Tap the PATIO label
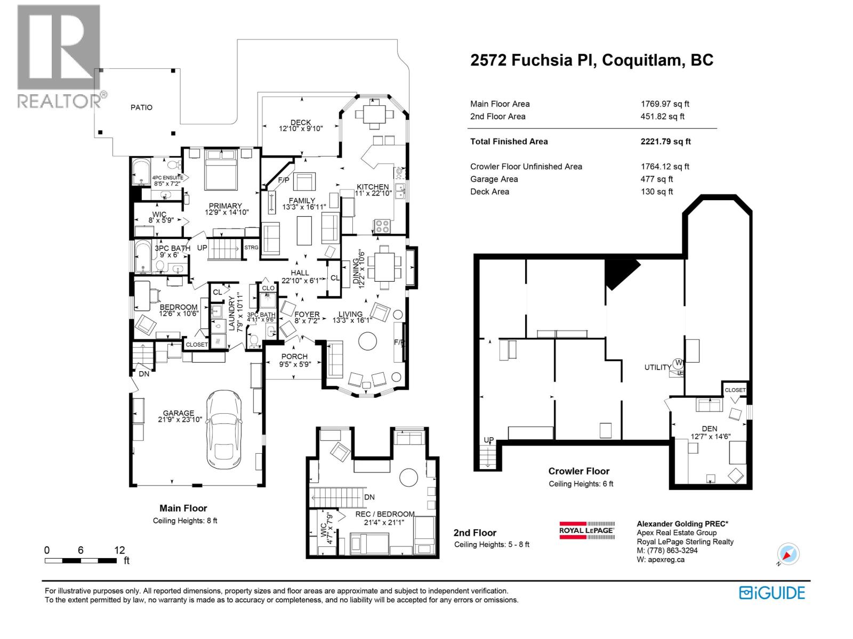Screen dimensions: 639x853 [x=141, y=107]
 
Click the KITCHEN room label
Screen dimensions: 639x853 [x=373, y=186]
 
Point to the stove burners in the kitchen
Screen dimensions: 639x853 [x=382, y=226]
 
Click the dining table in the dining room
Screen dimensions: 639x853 [x=385, y=265]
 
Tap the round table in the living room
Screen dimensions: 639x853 [x=367, y=341]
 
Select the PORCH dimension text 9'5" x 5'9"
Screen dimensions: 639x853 [x=294, y=364]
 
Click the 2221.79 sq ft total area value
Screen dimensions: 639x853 [x=665, y=142]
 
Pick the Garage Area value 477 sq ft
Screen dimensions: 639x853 [x=656, y=179]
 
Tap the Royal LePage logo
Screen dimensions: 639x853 [x=586, y=530]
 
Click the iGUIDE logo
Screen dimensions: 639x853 [x=771, y=593]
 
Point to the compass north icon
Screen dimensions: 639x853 [x=788, y=554]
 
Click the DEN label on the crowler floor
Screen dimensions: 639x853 [x=709, y=428]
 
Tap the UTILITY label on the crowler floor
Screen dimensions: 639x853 [x=657, y=367]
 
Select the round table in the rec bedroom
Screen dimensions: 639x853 [x=409, y=477]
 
